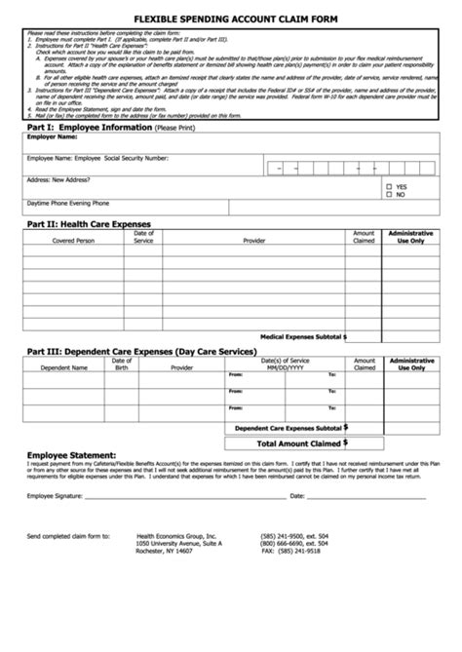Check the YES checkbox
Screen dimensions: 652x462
point(390,186)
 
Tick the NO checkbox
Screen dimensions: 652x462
point(390,194)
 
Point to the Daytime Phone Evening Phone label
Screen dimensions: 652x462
point(68,203)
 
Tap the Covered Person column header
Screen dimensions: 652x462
point(74,240)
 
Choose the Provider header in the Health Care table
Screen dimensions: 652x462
point(254,240)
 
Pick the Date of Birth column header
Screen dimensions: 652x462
point(122,364)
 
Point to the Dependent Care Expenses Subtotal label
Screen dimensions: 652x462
point(289,428)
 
